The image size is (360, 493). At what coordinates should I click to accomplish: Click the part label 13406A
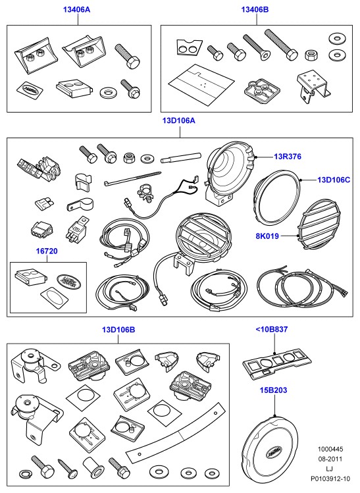(x=76, y=9)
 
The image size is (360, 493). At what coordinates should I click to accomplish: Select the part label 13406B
(x=255, y=9)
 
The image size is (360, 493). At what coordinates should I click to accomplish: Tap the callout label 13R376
(x=288, y=156)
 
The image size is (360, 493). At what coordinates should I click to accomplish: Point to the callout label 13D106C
(x=334, y=180)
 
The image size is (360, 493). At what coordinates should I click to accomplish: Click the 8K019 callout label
(x=267, y=236)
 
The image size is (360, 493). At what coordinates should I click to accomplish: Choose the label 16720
(x=47, y=251)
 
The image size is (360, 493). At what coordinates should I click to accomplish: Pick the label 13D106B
(x=118, y=330)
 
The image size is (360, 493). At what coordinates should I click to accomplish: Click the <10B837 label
(x=272, y=329)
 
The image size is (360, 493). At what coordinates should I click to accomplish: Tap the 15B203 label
(x=273, y=390)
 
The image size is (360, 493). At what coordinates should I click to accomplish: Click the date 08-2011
(x=330, y=459)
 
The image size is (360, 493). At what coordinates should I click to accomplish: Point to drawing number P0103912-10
(x=330, y=479)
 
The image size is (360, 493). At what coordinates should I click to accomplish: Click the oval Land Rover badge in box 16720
(x=68, y=282)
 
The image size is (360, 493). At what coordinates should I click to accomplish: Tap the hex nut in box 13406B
(x=311, y=55)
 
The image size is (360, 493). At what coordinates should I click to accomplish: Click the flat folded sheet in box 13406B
(x=201, y=84)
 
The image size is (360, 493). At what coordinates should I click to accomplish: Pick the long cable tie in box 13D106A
(x=132, y=178)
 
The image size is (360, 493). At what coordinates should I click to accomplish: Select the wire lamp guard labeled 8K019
(x=320, y=224)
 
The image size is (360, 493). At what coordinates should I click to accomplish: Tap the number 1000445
(x=330, y=449)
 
